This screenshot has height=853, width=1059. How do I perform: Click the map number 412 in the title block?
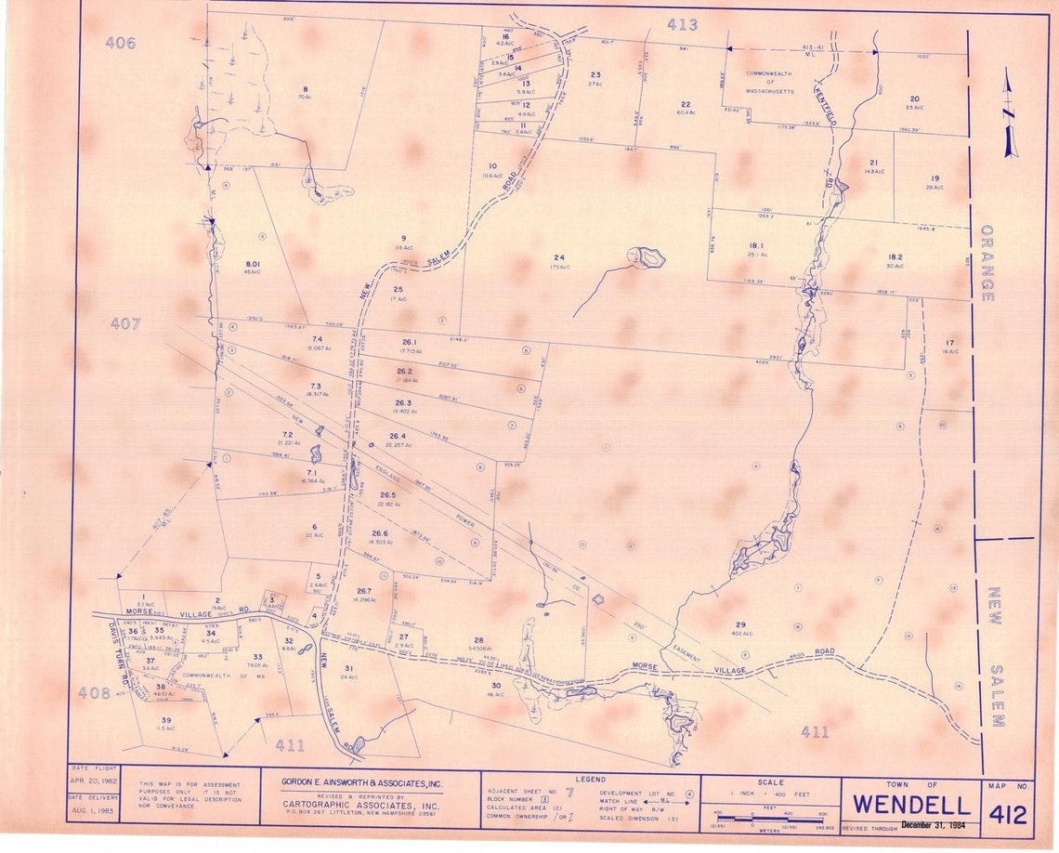1008,815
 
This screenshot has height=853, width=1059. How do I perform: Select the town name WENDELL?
909,804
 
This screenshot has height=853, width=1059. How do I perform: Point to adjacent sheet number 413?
682,25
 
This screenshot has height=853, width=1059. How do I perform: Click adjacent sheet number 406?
120,43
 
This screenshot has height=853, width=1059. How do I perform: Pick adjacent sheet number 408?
94,691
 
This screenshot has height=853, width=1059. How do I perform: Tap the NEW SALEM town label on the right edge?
993,656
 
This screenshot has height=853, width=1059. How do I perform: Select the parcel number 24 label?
558,257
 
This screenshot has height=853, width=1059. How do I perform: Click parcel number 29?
740,623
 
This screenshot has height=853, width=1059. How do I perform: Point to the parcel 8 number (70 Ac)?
305,89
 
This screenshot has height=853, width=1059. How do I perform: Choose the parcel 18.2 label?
895,256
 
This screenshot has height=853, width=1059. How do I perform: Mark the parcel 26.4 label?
398,436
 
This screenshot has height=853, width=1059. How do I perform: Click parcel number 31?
349,668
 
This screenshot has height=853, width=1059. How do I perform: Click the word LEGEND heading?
590,779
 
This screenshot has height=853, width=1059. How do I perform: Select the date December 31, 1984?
933,824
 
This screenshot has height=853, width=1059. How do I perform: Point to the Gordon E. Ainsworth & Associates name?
361,781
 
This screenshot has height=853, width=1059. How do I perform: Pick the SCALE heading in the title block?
770,781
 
